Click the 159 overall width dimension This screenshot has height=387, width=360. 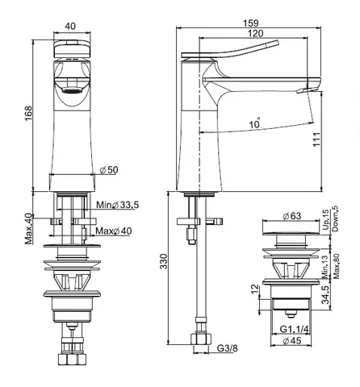click(251, 23)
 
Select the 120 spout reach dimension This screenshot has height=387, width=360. click(255, 33)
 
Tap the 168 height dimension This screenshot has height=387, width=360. click(28, 114)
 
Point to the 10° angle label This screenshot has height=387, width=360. click(255, 123)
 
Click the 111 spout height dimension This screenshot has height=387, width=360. click(316, 139)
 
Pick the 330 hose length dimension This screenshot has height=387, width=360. click(164, 261)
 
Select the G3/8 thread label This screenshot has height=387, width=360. click(228, 348)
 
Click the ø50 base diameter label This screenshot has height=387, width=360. click(109, 170)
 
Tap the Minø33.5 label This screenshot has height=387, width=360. click(118, 205)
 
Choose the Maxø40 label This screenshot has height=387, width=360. click(114, 231)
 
